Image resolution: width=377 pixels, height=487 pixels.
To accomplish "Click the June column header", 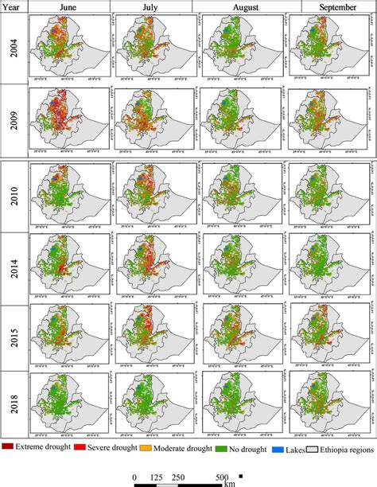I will click(68, 7).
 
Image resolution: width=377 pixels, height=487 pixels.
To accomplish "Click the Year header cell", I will click(14, 7).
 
